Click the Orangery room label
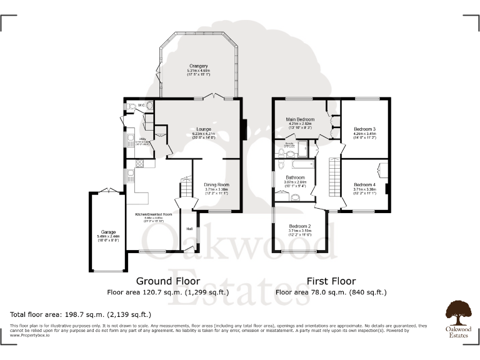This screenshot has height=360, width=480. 199,66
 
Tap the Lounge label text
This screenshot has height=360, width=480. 204,129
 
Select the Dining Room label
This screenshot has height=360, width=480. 216,184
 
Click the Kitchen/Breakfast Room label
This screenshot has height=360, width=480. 153,215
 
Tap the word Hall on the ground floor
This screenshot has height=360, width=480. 189,229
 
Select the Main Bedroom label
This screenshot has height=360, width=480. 299,119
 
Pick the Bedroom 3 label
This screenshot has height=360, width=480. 364,129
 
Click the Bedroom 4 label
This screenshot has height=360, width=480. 364,184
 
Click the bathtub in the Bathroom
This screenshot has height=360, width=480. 299,164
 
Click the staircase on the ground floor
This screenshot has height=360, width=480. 185,186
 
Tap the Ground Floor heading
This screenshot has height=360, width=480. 168,281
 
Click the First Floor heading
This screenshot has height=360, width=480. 331,281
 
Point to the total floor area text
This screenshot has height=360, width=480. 80,314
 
